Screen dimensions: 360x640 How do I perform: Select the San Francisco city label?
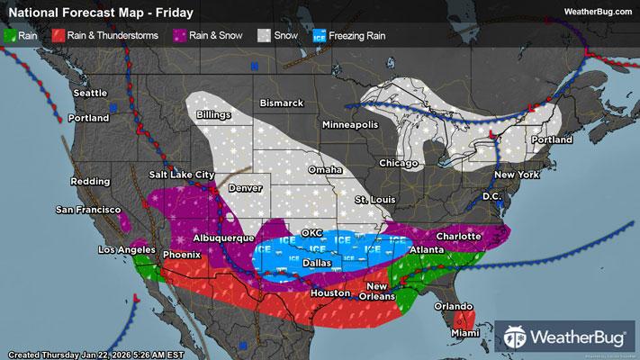coord(88,210)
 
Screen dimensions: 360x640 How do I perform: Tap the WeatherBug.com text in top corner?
coord(598,11)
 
